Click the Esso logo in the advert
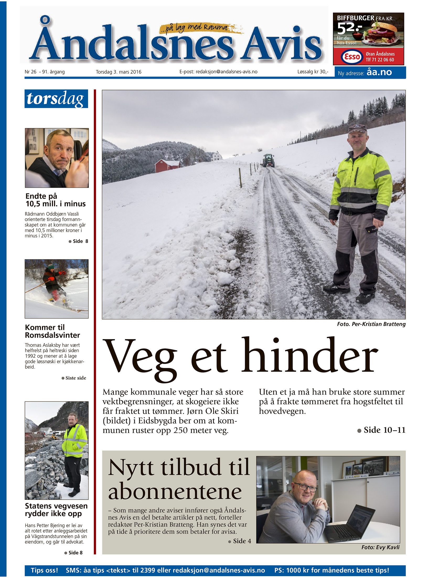pyautogui.click(x=352, y=56)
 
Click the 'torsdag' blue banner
pyautogui.click(x=56, y=99)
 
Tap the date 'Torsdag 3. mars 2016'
pyautogui.click(x=119, y=72)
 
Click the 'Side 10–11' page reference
pyautogui.click(x=384, y=430)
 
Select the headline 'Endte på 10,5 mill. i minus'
pyautogui.click(x=55, y=200)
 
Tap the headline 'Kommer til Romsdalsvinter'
pyautogui.click(x=52, y=331)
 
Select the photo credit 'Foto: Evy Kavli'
pyautogui.click(x=380, y=547)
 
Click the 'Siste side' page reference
pyautogui.click(x=76, y=378)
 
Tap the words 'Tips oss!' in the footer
pyautogui.click(x=44, y=570)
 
